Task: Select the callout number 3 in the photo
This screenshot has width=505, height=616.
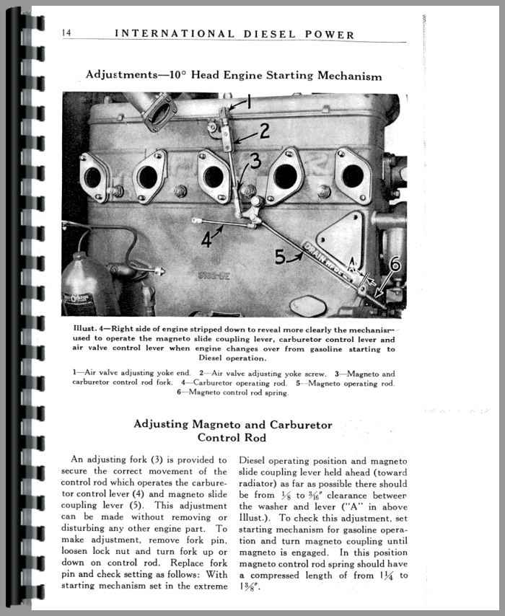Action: point(255,162)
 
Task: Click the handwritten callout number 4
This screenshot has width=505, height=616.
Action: point(207,239)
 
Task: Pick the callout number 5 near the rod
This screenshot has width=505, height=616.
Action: point(281,256)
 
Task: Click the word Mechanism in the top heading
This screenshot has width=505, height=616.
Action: point(343,75)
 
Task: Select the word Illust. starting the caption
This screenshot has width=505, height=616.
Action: point(85,329)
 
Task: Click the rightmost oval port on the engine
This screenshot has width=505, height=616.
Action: point(352,175)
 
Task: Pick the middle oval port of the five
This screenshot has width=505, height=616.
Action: point(214,176)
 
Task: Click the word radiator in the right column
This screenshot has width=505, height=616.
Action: point(262,485)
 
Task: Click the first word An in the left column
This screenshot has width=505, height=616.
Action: point(77,459)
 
